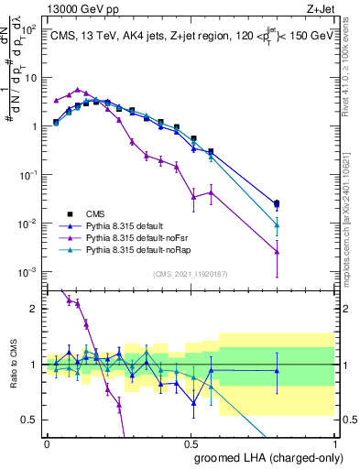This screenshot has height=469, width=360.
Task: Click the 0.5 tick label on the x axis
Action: [191, 442]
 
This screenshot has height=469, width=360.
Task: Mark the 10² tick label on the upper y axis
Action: [30, 29]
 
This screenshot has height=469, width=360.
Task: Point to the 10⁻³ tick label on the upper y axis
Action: [30, 272]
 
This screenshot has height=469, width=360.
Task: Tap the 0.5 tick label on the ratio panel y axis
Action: [31, 420]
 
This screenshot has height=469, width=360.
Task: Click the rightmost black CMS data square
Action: [277, 203]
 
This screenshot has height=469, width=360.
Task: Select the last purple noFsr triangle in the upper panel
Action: [277, 251]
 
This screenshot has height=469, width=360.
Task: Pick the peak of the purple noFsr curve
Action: [79, 90]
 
